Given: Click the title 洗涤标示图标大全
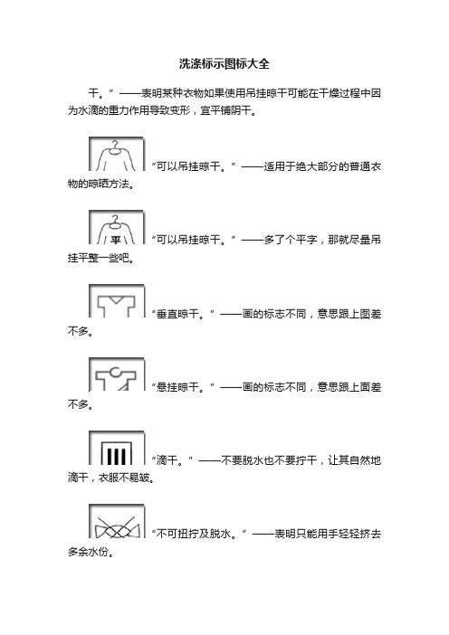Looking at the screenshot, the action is click(x=224, y=64).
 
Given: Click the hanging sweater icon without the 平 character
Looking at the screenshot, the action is click(x=116, y=154).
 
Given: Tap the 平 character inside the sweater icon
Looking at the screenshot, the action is click(x=116, y=240).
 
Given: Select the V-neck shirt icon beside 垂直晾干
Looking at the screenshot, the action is click(x=116, y=301).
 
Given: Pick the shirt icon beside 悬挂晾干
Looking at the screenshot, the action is click(x=116, y=374).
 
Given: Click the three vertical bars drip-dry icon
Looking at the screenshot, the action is click(x=116, y=448).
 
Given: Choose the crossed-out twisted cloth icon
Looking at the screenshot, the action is click(x=116, y=521).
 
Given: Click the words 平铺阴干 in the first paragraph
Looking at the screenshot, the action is click(x=231, y=110).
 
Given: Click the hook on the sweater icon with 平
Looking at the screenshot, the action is click(x=116, y=220).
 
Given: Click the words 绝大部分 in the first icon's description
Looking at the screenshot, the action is click(x=306, y=166).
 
